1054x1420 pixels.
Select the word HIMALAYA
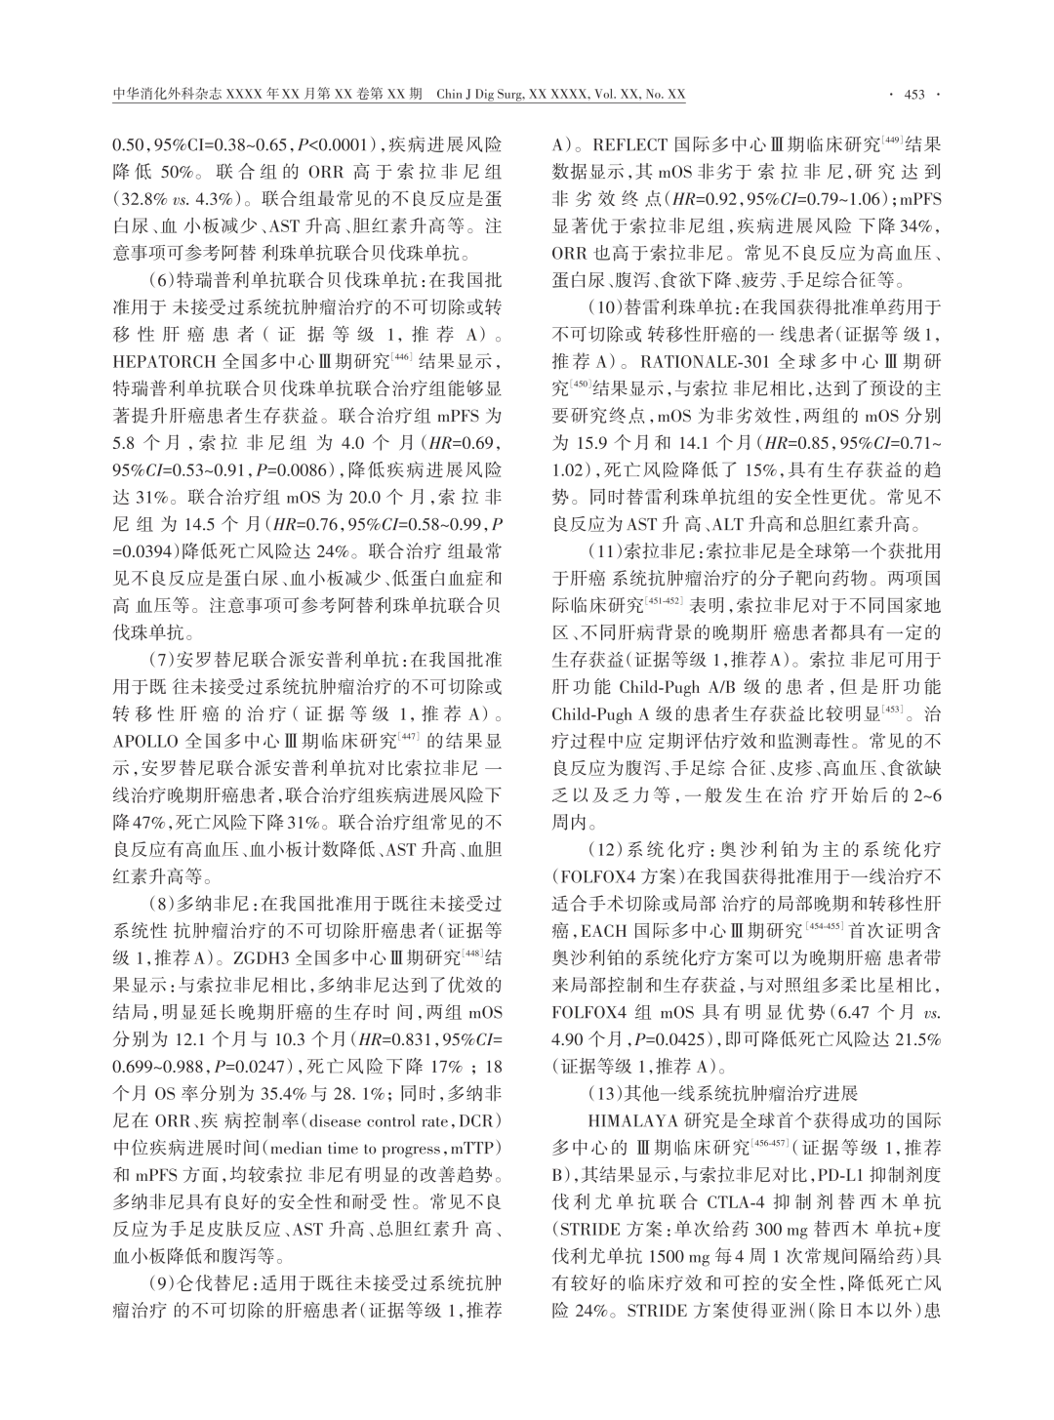point(627,1118)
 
